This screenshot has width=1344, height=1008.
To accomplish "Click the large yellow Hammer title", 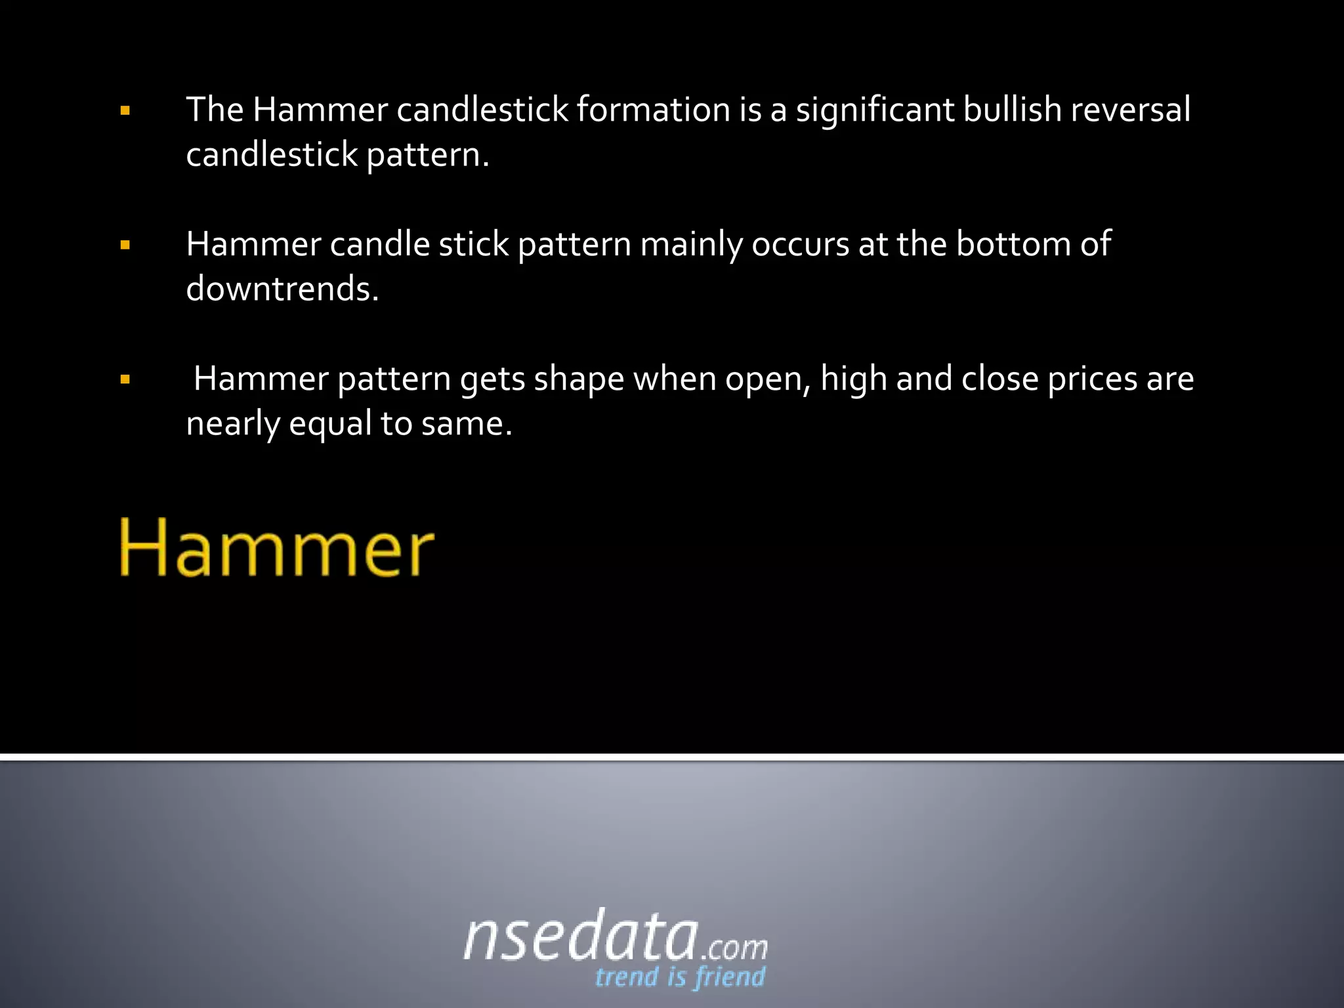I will (276, 548).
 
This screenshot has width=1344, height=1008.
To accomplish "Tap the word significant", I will (875, 110).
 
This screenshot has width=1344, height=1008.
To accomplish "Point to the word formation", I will (654, 109).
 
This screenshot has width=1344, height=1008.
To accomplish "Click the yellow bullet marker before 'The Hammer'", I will (125, 111).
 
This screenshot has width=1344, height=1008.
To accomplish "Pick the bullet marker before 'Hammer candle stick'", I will (125, 245).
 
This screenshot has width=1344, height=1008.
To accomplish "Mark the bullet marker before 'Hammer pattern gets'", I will (125, 379).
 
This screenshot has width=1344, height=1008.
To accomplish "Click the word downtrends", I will (282, 289).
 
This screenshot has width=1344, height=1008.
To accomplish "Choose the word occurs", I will (800, 244).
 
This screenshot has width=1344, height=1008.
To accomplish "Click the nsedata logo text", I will (580, 936).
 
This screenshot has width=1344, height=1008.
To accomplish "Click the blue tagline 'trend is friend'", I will (680, 977).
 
